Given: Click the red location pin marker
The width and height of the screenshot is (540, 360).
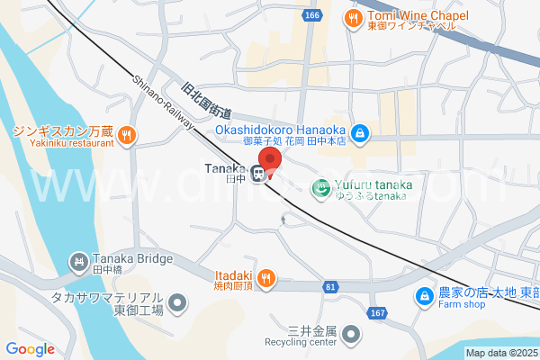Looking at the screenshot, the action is click(x=270, y=160).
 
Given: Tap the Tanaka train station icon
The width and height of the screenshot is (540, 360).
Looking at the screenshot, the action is click(x=257, y=174).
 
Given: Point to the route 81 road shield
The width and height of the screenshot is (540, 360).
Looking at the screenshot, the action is click(x=330, y=286).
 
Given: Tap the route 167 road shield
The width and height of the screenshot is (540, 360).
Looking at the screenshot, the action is click(x=376, y=311).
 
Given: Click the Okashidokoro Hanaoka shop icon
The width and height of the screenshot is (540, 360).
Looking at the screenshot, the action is click(x=359, y=133).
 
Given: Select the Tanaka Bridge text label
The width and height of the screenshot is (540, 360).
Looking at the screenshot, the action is click(x=132, y=259).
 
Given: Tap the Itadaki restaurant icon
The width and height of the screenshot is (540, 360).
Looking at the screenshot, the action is click(x=265, y=277).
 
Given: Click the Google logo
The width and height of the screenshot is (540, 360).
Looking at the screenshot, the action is click(x=30, y=349).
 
